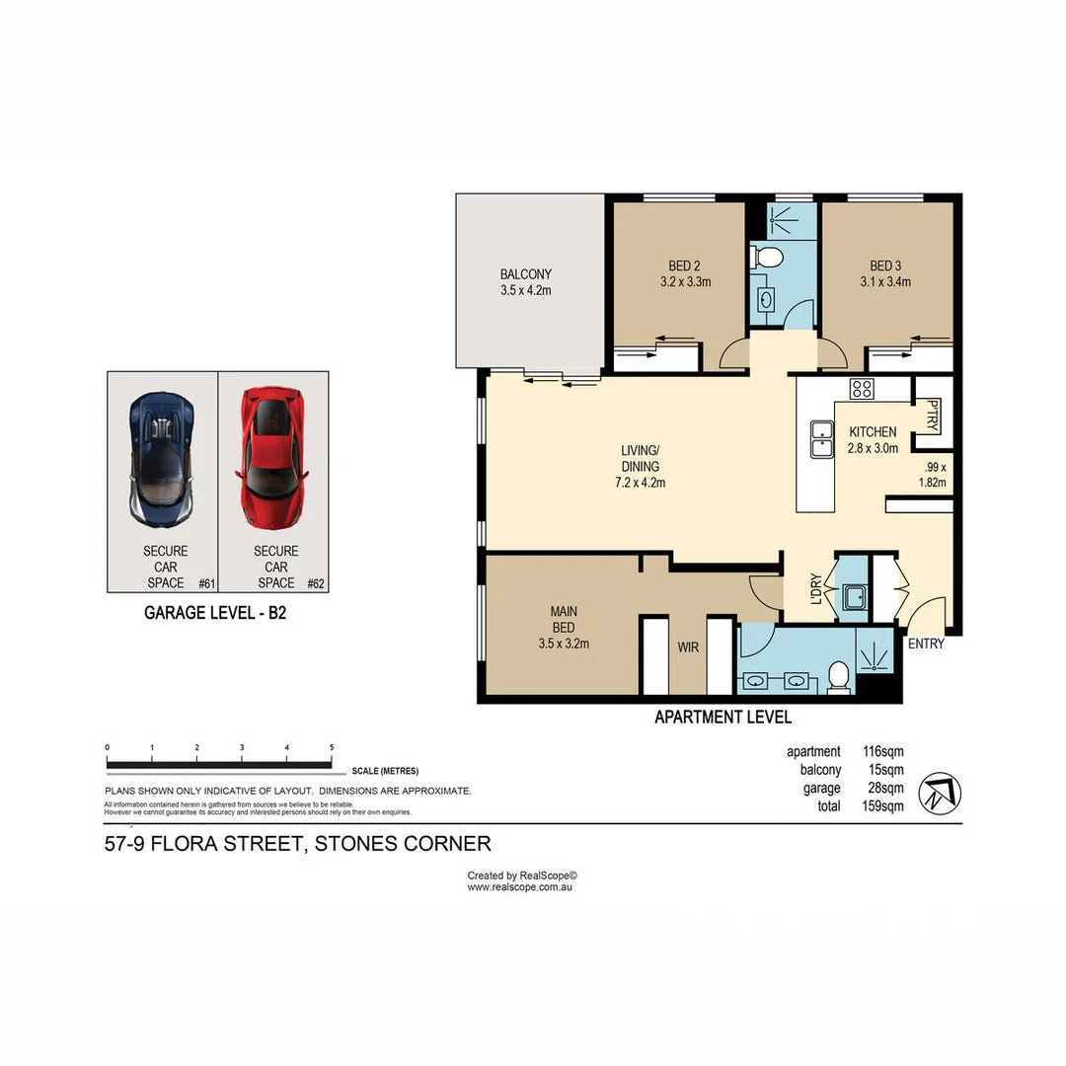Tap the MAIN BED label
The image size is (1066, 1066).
click(x=564, y=619)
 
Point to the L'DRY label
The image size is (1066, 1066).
click(x=815, y=589)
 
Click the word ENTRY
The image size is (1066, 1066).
click(x=926, y=645)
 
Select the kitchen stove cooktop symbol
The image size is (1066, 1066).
click(x=861, y=389)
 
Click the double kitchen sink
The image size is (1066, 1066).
click(x=820, y=439)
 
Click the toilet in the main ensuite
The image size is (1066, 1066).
click(x=839, y=676)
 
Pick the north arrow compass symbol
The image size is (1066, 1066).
click(x=940, y=794)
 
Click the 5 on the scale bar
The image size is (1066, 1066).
click(x=332, y=748)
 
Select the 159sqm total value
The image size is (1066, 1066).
click(x=883, y=805)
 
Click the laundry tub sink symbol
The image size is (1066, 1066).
click(x=852, y=598)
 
